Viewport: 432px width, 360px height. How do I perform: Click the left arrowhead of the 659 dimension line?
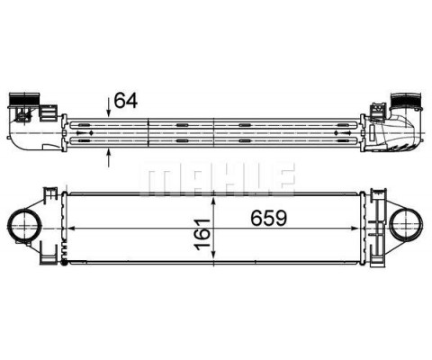71,231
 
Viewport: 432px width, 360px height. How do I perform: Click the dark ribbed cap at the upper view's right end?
404,99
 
